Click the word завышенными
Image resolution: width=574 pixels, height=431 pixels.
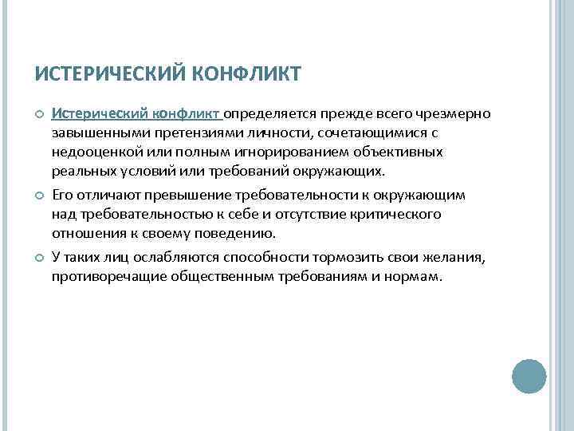[90, 132]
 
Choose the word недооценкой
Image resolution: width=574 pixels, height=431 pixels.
[89, 152]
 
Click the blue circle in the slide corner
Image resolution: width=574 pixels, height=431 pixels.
[529, 375]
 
